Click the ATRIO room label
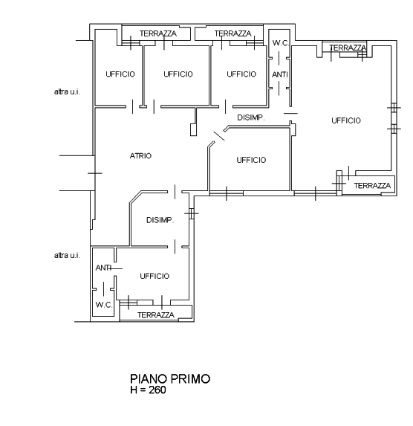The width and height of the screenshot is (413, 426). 140,156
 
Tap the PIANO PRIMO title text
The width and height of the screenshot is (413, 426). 170,378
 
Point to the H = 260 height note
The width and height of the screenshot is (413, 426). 148,390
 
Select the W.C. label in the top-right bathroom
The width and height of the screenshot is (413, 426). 281,43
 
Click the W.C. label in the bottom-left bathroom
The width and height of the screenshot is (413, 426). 104,305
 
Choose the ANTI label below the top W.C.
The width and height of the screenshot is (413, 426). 280,74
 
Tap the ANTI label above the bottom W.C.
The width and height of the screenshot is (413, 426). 103,268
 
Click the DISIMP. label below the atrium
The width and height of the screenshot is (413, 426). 160,220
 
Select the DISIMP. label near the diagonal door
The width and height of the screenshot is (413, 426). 251,117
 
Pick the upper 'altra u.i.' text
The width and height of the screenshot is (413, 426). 67,92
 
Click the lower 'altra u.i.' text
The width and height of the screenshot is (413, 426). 67,256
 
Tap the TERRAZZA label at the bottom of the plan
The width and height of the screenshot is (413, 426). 156,315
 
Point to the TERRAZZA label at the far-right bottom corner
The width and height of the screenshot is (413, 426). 372,186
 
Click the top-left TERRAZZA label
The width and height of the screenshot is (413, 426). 158,33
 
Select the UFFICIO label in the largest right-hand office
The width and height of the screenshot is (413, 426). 346,120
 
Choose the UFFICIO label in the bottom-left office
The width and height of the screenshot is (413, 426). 155,277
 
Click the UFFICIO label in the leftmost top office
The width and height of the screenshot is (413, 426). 120,74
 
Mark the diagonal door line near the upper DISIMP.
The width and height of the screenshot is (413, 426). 219,136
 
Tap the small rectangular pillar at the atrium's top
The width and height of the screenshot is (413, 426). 193,129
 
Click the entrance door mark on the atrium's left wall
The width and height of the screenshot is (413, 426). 95,173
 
